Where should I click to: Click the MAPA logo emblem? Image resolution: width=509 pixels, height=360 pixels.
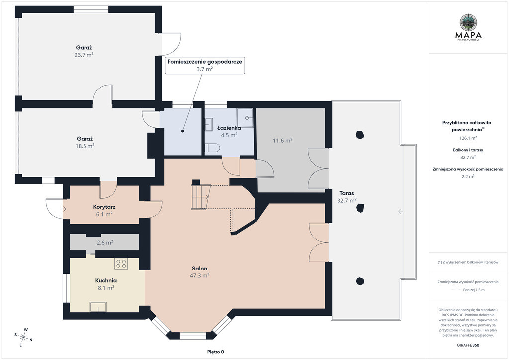pos(468,22)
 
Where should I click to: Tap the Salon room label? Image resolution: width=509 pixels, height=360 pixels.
pos(199,269)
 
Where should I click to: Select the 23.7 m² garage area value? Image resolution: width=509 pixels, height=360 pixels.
pos(84,55)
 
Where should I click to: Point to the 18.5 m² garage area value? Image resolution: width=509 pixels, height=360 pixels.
pos(85,146)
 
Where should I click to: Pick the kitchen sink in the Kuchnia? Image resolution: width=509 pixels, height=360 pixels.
pos(98,307)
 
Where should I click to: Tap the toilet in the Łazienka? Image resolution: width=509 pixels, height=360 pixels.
pos(213,148)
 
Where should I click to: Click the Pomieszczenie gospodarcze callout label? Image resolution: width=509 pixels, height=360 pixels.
pos(204,61)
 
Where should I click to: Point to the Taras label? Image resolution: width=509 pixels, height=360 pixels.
pos(347,193)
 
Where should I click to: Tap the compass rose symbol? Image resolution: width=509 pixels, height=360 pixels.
pos(24,337)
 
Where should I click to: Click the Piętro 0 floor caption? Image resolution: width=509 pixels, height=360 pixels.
pos(216,351)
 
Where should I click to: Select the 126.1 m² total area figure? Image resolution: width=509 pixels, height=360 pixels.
pos(468,138)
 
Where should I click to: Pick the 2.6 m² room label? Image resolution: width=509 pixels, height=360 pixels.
pos(105,242)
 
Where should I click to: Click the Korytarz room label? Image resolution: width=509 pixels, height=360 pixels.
pos(104,207)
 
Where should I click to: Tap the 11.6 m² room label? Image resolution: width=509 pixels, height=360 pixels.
pos(282,141)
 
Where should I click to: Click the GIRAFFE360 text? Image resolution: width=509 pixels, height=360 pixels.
pos(468,345)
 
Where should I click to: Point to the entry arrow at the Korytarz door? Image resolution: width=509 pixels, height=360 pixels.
pos(64,209)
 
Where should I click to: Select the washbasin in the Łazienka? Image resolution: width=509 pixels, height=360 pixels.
pos(209,125)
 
